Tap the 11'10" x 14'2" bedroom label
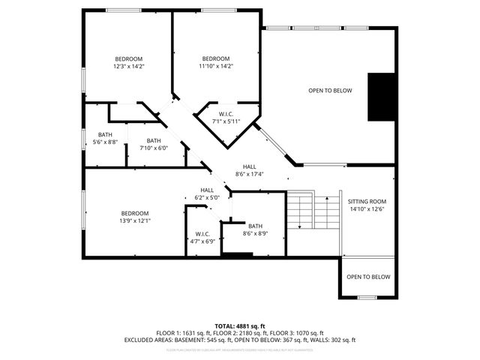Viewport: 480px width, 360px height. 216,62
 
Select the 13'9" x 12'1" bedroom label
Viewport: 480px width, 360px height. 135,217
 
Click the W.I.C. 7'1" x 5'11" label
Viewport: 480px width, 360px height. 225,117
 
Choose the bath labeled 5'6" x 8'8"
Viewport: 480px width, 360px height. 105,138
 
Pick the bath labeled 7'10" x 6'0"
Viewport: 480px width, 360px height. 153,144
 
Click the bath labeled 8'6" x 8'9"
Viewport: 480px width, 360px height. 255,230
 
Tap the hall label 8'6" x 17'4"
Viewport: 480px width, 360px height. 249,170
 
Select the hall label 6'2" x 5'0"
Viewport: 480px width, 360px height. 207,193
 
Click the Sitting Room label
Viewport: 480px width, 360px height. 367,205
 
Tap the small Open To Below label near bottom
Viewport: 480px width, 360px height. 368,277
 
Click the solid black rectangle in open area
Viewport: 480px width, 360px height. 381,97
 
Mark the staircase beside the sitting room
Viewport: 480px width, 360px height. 313,212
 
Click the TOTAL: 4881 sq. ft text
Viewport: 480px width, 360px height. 240,325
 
